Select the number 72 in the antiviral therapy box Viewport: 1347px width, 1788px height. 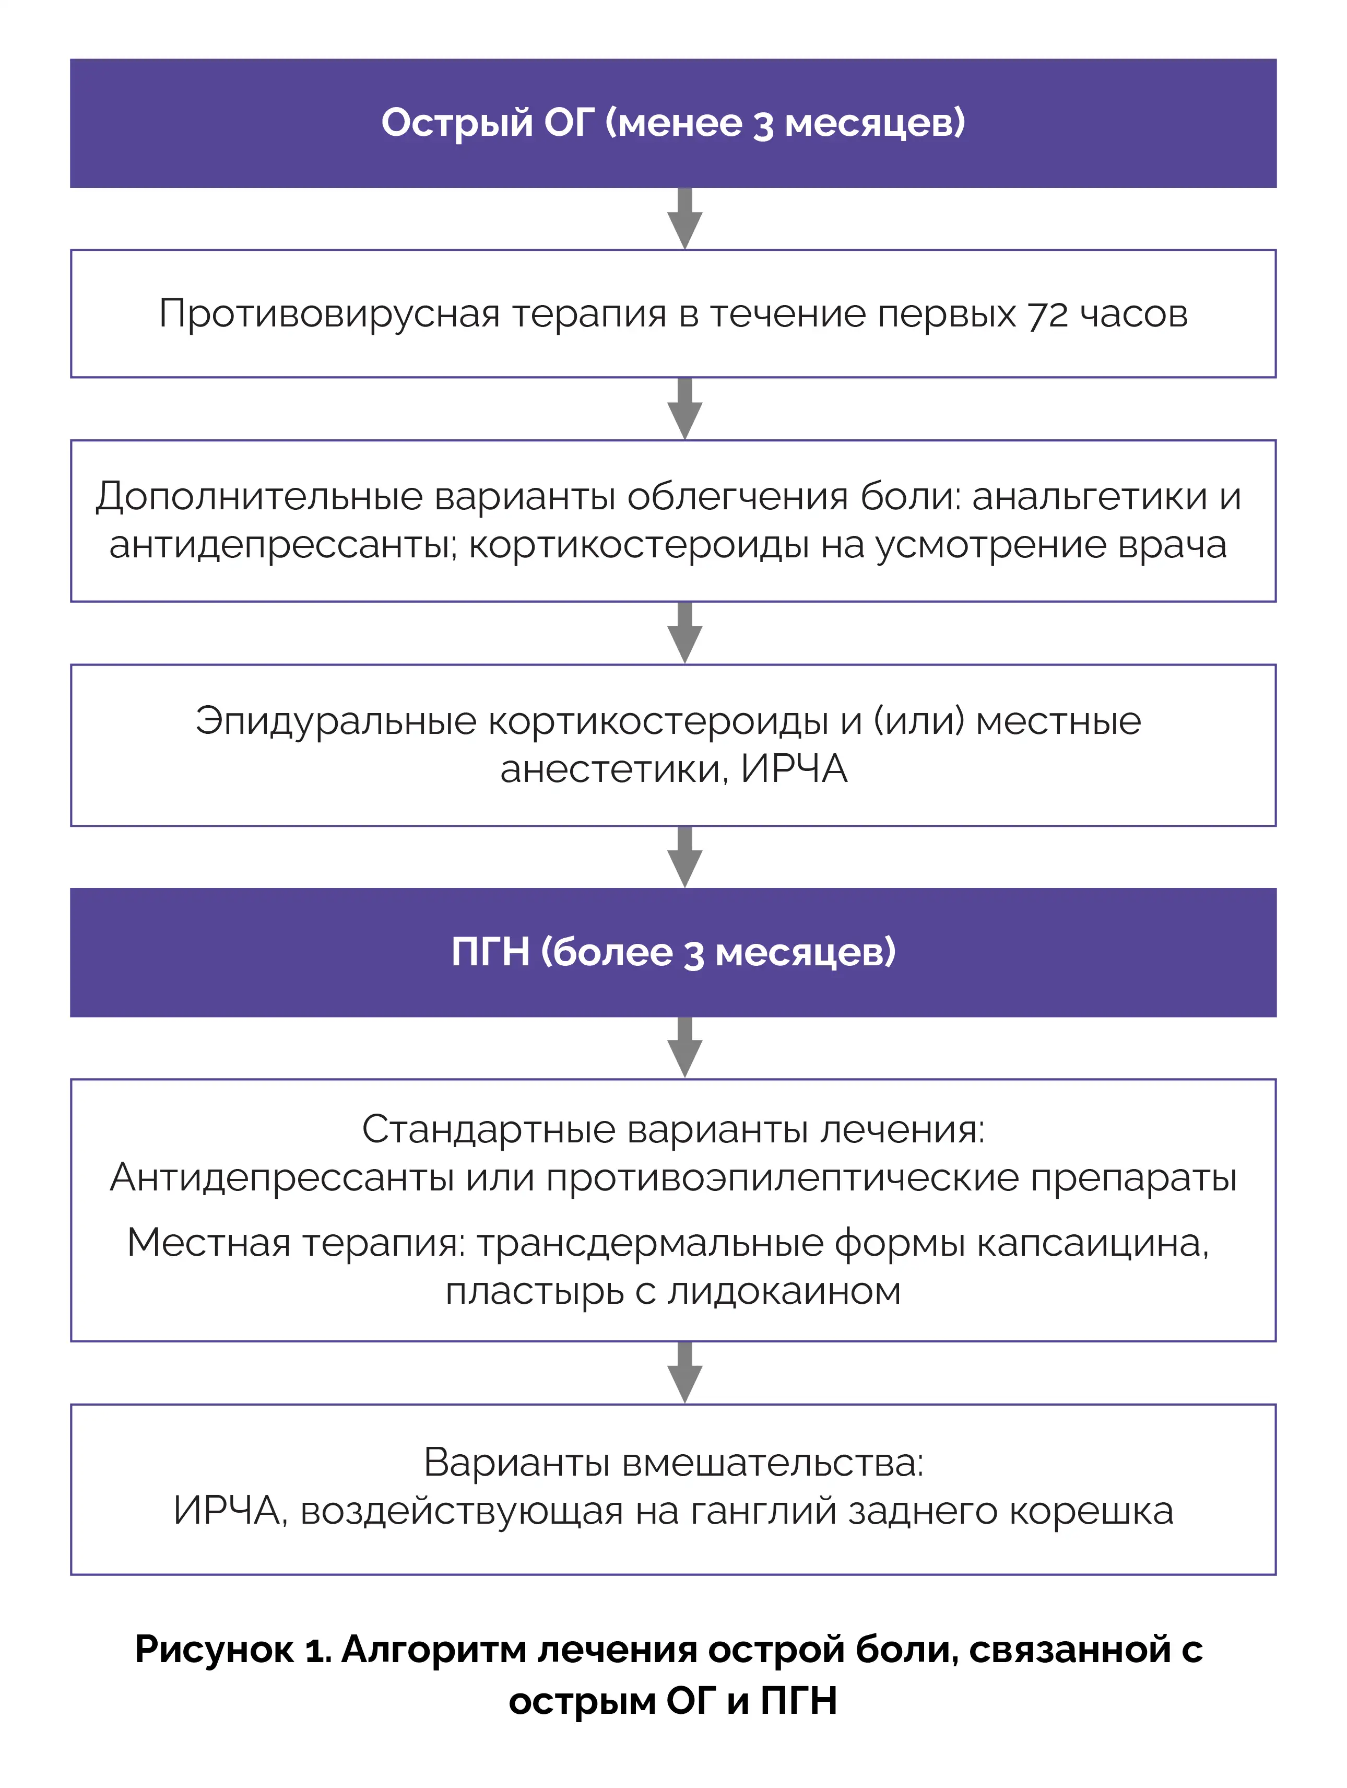[1047, 314]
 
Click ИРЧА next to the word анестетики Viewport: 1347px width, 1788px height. [794, 769]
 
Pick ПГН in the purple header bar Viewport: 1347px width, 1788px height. [490, 952]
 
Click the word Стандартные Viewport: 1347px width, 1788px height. [488, 1129]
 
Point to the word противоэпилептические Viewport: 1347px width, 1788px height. [782, 1178]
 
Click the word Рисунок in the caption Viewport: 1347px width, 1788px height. [214, 1650]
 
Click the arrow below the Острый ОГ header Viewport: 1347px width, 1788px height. [684, 219]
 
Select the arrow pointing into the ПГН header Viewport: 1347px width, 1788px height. [684, 857]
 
